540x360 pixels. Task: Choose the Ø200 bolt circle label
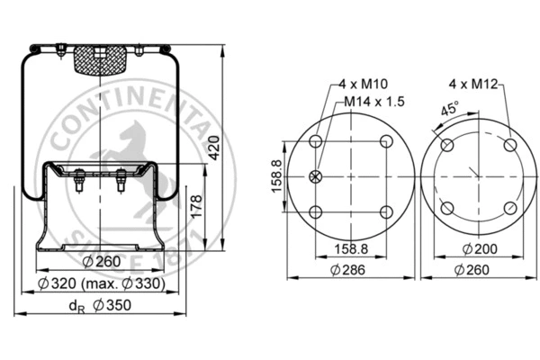(x=477, y=247)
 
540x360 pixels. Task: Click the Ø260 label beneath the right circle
(x=477, y=269)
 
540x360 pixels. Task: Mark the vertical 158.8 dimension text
(x=277, y=176)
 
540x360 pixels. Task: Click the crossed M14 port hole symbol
(x=315, y=176)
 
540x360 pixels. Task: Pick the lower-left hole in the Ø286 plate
(x=315, y=211)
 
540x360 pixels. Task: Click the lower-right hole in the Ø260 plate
(x=509, y=209)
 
